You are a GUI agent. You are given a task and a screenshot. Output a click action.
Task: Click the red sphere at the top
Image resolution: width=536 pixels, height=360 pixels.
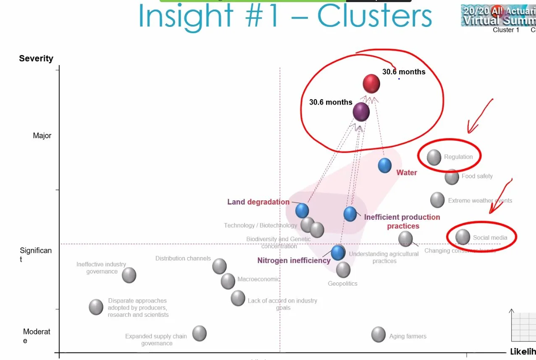pyautogui.click(x=371, y=84)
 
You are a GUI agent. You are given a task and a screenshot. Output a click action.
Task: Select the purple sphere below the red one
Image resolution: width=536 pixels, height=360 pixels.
pyautogui.click(x=361, y=112)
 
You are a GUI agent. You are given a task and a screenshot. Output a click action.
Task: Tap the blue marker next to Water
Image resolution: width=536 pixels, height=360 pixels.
pyautogui.click(x=385, y=166)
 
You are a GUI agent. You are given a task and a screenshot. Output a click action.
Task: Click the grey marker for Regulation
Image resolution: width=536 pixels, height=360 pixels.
pyautogui.click(x=434, y=157)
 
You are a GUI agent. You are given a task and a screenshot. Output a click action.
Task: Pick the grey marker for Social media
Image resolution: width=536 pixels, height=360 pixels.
pyautogui.click(x=462, y=237)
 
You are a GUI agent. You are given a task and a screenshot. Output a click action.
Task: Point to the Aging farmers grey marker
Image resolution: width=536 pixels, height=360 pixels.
pyautogui.click(x=378, y=334)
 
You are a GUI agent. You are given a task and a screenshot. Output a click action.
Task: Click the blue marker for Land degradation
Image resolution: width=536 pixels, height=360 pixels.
pyautogui.click(x=302, y=210)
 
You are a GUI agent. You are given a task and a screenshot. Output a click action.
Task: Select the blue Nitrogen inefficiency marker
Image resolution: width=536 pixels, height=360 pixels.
pyautogui.click(x=338, y=252)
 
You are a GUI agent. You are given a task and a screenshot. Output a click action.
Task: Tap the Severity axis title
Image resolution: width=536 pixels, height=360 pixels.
pyautogui.click(x=36, y=58)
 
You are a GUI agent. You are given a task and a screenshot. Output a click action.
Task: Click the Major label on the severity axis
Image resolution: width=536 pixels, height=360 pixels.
pyautogui.click(x=42, y=136)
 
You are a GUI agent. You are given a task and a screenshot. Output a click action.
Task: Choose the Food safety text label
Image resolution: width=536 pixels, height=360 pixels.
pyautogui.click(x=477, y=176)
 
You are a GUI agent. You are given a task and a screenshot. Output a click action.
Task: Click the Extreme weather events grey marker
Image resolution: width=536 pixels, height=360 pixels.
pyautogui.click(x=437, y=200)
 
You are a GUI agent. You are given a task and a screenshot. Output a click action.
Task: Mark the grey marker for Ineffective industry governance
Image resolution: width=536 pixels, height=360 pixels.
pyautogui.click(x=129, y=275)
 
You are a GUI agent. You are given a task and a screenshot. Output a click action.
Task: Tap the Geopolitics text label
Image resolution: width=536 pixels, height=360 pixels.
pyautogui.click(x=342, y=284)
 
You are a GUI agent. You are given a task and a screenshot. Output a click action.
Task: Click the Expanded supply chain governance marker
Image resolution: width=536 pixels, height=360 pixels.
pyautogui.click(x=200, y=334)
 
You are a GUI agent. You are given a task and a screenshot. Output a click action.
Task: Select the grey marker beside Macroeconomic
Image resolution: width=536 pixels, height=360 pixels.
pyautogui.click(x=228, y=281)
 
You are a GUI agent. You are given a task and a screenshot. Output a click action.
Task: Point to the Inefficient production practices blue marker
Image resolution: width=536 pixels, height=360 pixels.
pyautogui.click(x=350, y=214)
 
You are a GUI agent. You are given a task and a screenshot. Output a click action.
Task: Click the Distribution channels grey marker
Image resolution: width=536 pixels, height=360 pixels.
pyautogui.click(x=219, y=266)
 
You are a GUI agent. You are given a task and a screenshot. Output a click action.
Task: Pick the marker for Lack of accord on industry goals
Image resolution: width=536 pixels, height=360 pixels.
pyautogui.click(x=238, y=298)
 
